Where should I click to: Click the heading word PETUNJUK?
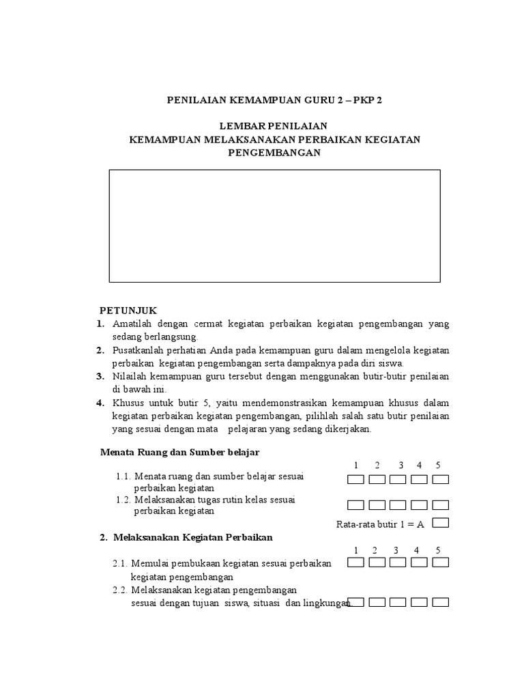tap(128, 311)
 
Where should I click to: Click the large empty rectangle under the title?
tap(274, 226)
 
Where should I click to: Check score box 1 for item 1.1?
tap(355, 479)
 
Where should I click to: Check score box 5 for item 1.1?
tap(440, 479)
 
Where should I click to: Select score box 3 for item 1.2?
tap(398, 505)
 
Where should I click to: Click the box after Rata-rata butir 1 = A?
tap(440, 524)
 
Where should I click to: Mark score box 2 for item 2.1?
tap(377, 563)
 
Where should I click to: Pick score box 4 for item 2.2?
tap(419, 602)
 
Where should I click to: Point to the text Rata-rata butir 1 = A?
tap(381, 524)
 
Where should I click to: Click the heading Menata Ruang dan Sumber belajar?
tap(180, 453)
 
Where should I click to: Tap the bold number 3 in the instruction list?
tap(100, 376)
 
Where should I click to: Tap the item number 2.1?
tap(120, 564)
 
